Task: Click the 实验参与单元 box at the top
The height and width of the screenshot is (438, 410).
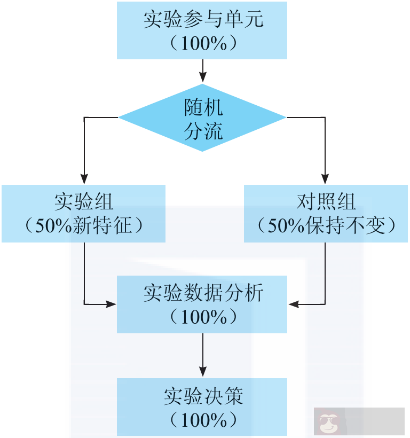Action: tap(202, 30)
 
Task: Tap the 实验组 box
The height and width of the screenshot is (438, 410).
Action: tap(83, 213)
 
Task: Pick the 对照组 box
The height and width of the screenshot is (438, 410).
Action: tap(326, 213)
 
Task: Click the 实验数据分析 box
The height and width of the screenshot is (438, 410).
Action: tap(202, 304)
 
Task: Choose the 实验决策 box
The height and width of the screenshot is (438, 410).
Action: tap(202, 406)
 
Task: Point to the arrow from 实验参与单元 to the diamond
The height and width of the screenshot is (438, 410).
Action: tap(202, 71)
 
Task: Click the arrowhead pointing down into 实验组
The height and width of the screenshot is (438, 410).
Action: tap(84, 179)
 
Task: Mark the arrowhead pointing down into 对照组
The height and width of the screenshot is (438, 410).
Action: tap(325, 179)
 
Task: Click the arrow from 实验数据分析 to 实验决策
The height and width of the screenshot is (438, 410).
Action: tap(202, 355)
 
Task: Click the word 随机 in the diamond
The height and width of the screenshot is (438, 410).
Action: tap(203, 108)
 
